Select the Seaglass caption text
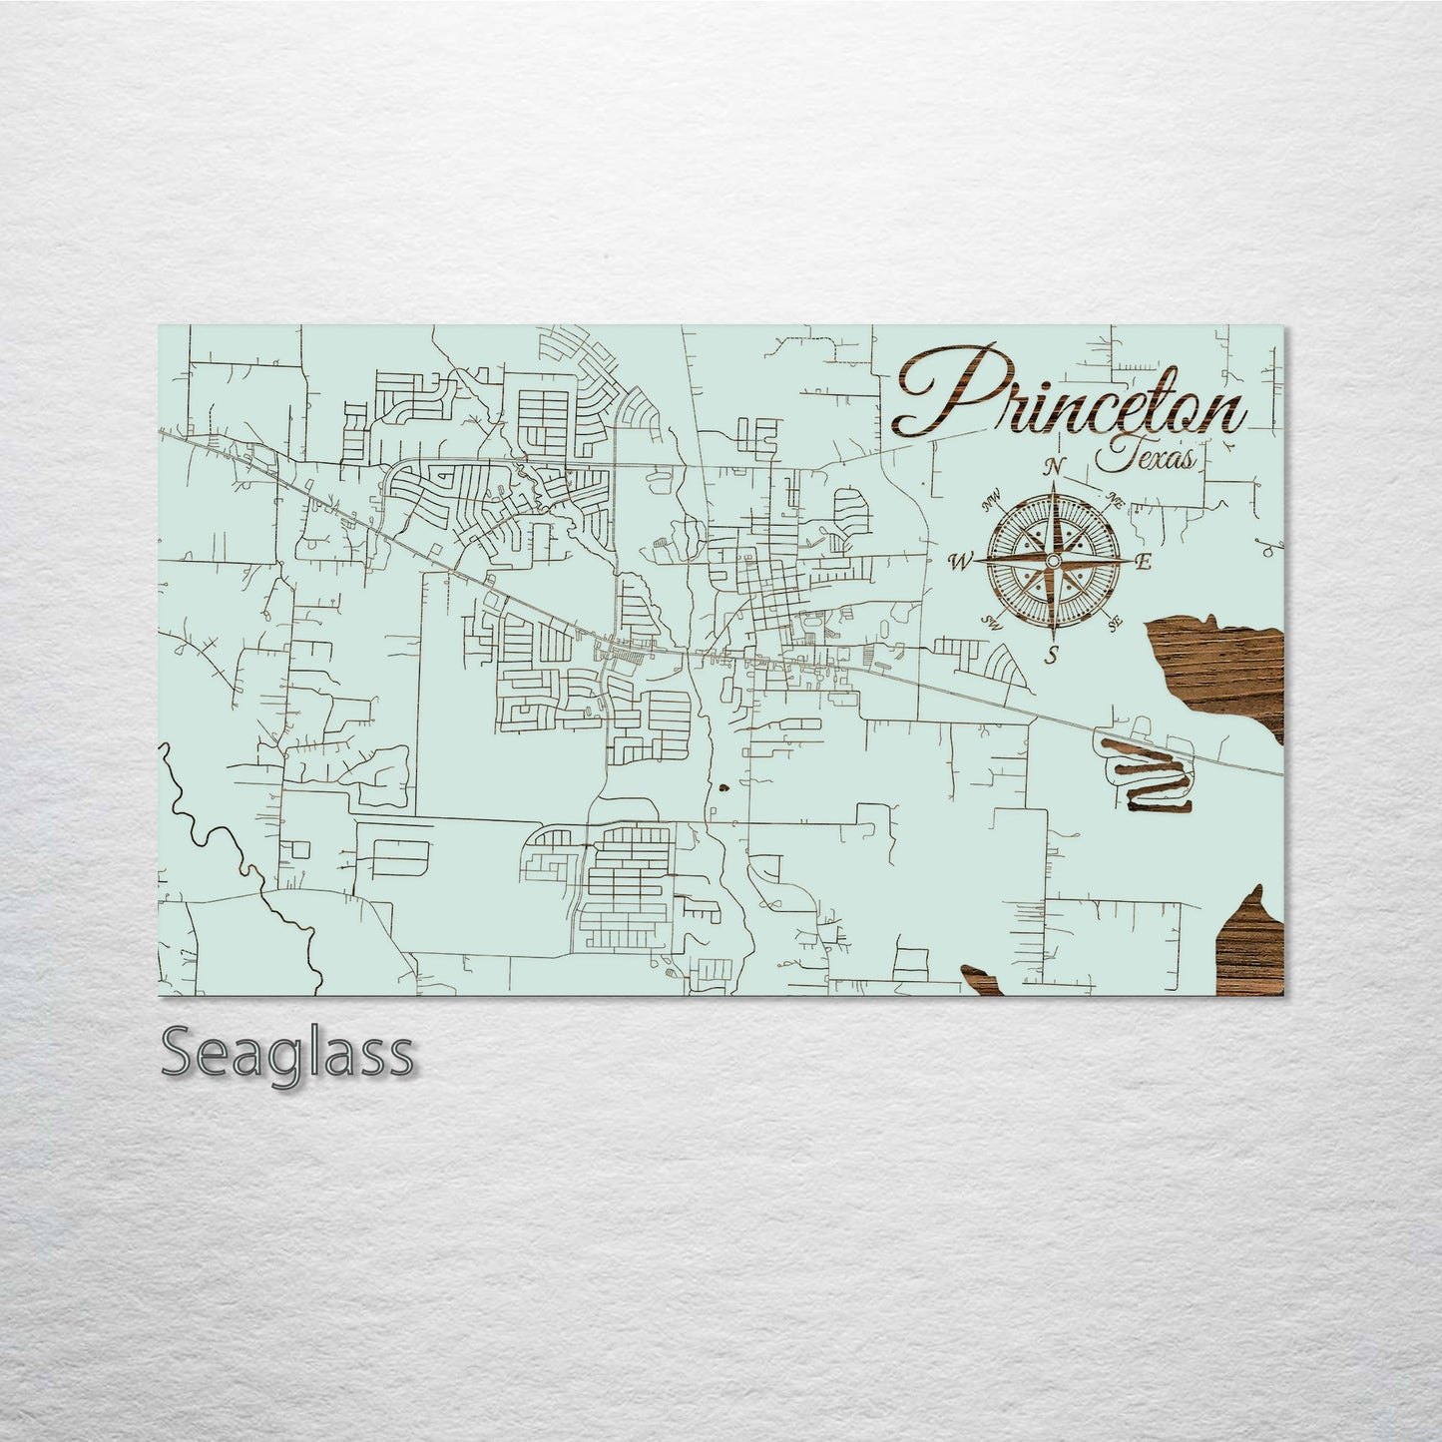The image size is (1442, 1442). [286, 1054]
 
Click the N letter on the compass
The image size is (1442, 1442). [1053, 467]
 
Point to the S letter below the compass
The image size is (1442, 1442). [1051, 656]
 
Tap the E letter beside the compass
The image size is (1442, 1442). [1144, 562]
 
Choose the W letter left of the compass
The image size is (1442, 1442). [960, 562]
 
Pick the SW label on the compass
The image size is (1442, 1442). [993, 622]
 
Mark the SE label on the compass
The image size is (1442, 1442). [1116, 624]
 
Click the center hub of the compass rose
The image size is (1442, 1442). [1052, 563]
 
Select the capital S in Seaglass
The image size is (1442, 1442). [180, 1054]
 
